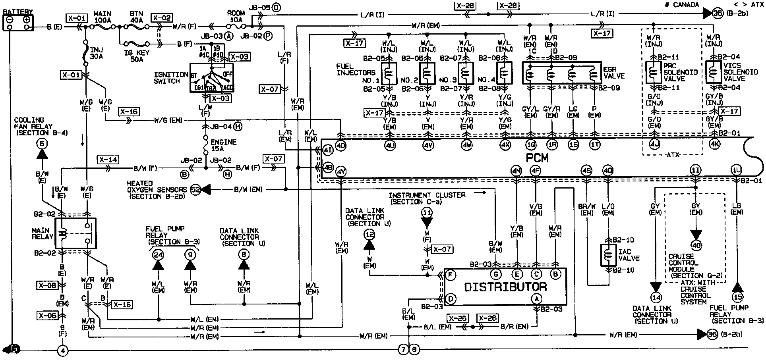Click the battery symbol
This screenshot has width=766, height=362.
(x=18, y=23)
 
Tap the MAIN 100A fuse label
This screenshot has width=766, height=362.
(x=103, y=16)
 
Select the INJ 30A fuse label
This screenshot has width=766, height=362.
(x=97, y=53)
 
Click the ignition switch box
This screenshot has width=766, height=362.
(x=211, y=78)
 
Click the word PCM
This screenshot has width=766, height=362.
(x=537, y=158)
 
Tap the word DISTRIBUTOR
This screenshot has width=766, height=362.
(x=505, y=287)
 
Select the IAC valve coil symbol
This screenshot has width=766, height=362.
(x=608, y=255)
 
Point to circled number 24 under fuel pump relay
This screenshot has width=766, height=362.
(x=158, y=254)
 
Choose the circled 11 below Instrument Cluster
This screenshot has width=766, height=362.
(x=427, y=213)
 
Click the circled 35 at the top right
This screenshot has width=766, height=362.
(x=718, y=13)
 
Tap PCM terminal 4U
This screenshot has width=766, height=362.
(x=390, y=145)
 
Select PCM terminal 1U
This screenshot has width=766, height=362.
(x=736, y=170)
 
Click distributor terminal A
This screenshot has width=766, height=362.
(x=537, y=299)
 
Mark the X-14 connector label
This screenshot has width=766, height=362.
(x=108, y=160)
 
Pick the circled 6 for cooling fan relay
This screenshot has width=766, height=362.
(x=42, y=143)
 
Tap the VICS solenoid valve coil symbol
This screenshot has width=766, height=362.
(x=714, y=72)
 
